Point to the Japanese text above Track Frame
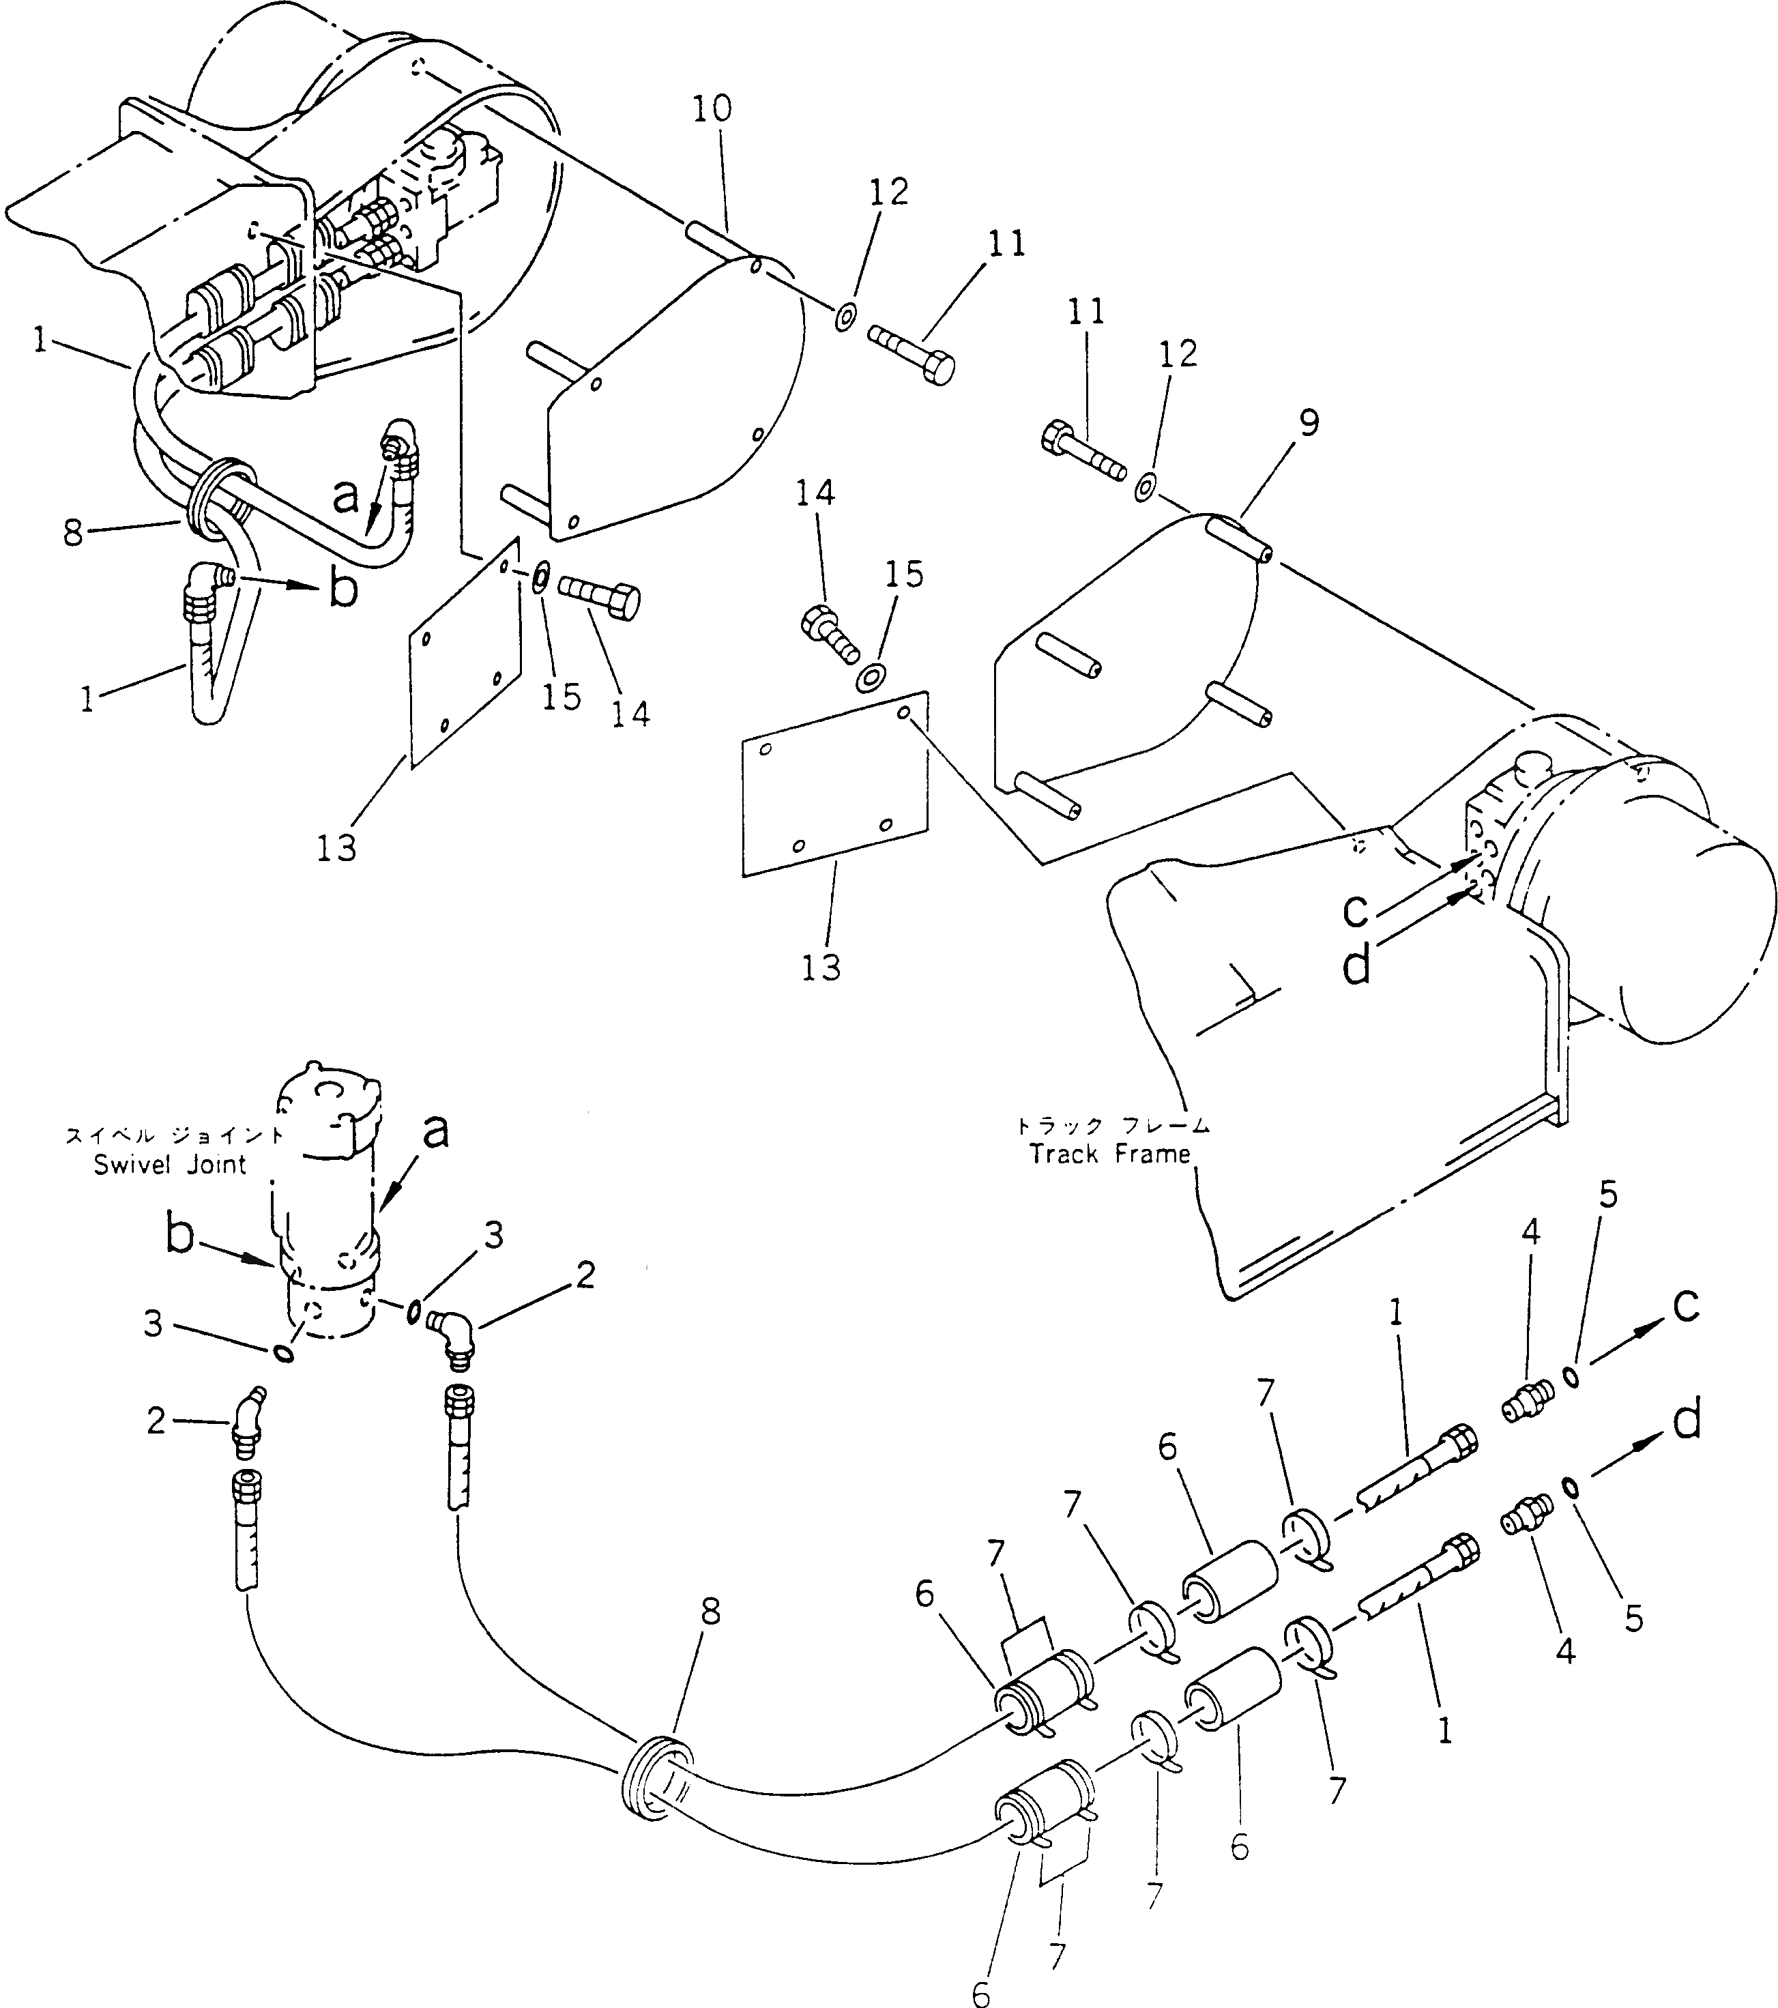(x=1113, y=1126)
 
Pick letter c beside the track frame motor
(x=1354, y=911)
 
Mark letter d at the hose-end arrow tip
(x=1687, y=1421)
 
